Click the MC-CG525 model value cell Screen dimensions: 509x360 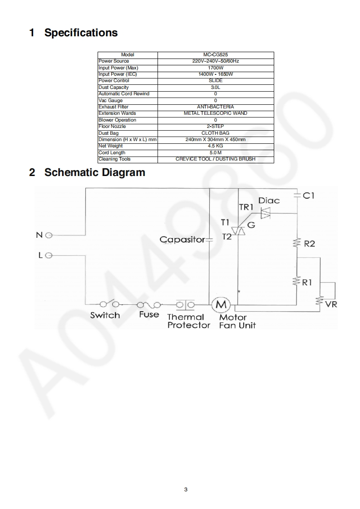coord(216,54)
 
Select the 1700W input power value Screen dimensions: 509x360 coord(216,68)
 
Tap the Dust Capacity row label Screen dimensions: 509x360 coord(113,87)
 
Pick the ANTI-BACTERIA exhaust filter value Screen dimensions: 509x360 coord(216,107)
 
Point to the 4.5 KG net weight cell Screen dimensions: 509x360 coord(216,146)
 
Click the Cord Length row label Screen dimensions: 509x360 coord(112,153)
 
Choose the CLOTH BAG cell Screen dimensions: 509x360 coord(216,133)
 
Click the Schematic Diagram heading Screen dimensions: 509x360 coord(94,172)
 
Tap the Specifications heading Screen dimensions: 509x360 coord(81,33)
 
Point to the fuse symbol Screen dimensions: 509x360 coord(148,304)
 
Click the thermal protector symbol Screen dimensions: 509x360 coord(185,304)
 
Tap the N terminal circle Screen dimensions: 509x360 coord(49,235)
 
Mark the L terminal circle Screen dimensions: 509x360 coord(49,255)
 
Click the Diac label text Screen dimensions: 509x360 coord(269,201)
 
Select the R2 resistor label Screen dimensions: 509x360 coord(310,244)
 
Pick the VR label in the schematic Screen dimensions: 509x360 coord(331,304)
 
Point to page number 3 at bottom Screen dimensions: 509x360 coord(186,489)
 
